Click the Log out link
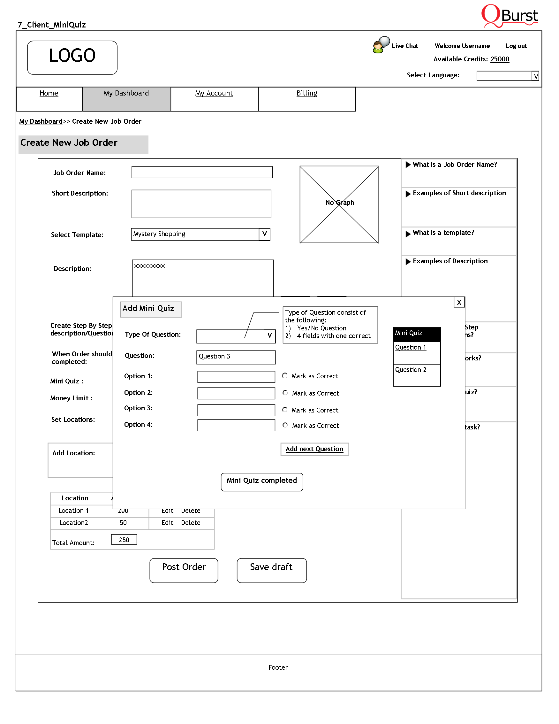(x=516, y=46)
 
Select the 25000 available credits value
(x=500, y=59)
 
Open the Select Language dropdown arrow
(x=535, y=76)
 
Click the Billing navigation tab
(x=307, y=94)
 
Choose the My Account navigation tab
(x=214, y=94)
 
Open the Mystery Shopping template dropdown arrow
(x=264, y=235)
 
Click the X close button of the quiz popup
(x=459, y=302)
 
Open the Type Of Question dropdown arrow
(x=269, y=336)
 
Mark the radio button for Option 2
(x=285, y=393)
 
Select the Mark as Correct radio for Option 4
(x=285, y=425)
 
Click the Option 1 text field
(x=236, y=377)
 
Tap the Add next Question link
(x=314, y=449)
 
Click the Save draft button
(x=272, y=570)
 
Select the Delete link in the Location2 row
(x=191, y=523)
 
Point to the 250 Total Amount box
(x=124, y=540)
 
